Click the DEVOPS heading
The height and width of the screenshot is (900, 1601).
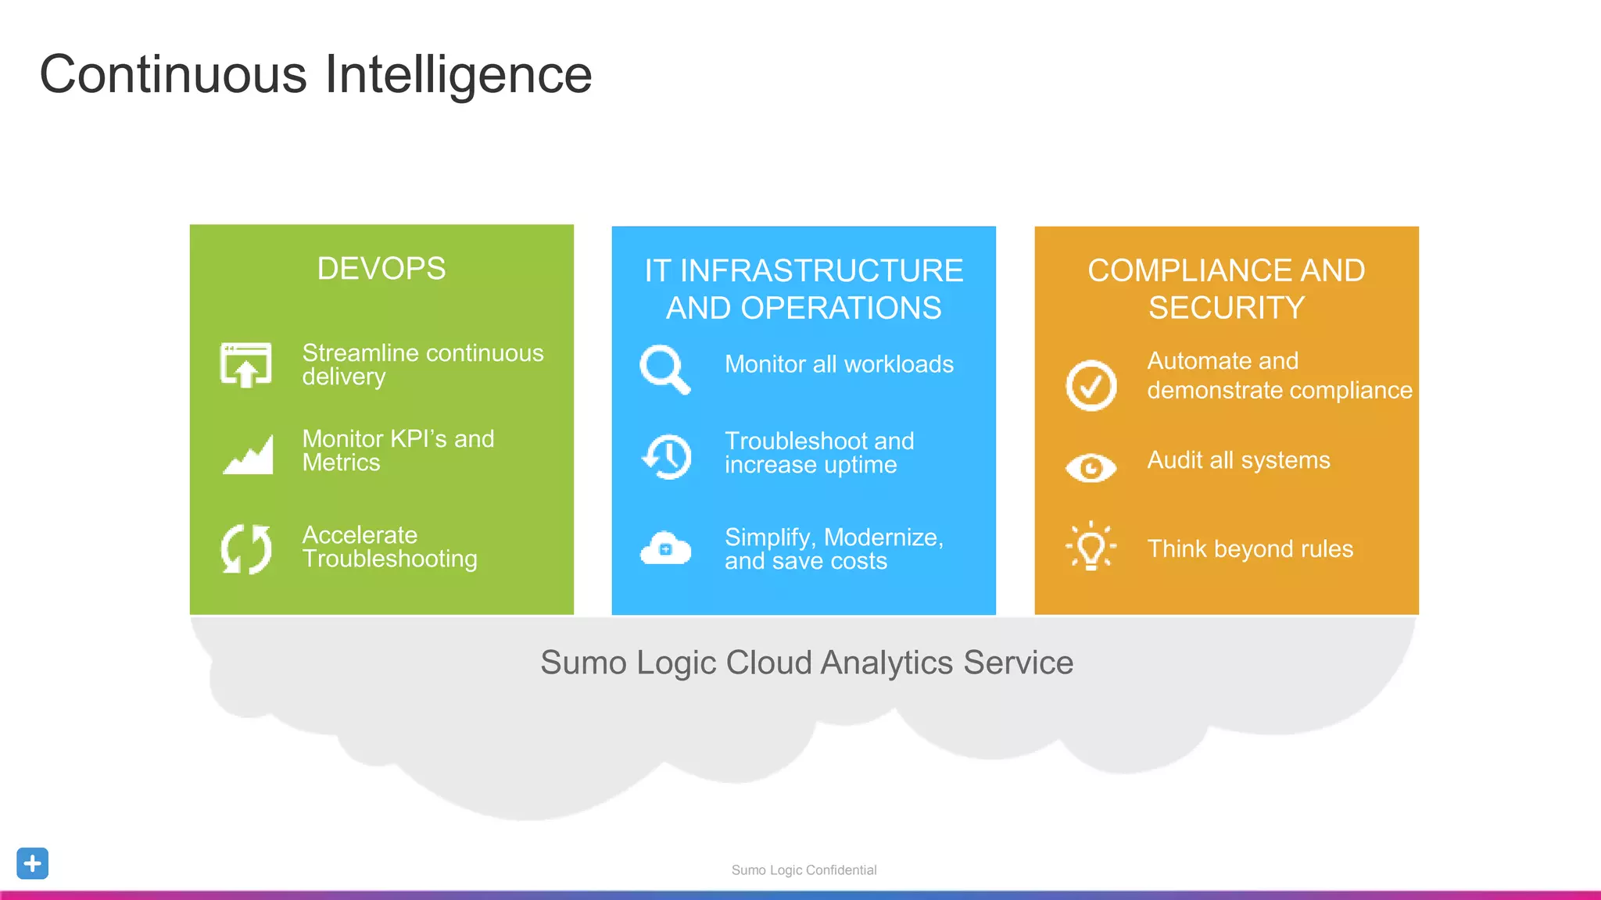(x=381, y=269)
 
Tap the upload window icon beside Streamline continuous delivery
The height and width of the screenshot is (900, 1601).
(x=246, y=365)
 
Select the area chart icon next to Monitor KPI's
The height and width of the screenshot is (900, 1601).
(x=248, y=454)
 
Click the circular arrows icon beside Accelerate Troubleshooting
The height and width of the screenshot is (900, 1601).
(x=246, y=548)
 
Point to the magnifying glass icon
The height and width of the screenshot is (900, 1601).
(x=664, y=369)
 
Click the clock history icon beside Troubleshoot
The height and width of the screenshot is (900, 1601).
(x=667, y=456)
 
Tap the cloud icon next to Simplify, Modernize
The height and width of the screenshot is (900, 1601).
(x=665, y=548)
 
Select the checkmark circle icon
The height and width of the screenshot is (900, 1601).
(x=1091, y=385)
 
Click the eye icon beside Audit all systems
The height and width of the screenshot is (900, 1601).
(x=1091, y=468)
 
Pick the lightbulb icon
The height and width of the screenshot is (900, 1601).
(x=1091, y=546)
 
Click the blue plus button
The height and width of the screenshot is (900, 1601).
(x=33, y=863)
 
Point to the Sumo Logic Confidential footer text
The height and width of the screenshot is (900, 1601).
(x=804, y=870)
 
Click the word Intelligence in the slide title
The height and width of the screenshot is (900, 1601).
(x=458, y=75)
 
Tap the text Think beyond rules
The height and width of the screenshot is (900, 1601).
(x=1250, y=548)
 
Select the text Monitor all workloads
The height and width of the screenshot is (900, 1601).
(x=839, y=364)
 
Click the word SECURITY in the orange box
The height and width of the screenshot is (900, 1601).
(x=1227, y=308)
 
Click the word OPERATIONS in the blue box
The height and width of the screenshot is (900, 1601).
(x=841, y=309)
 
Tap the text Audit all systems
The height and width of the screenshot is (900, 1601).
(x=1238, y=460)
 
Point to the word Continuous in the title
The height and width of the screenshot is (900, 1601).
(x=174, y=75)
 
